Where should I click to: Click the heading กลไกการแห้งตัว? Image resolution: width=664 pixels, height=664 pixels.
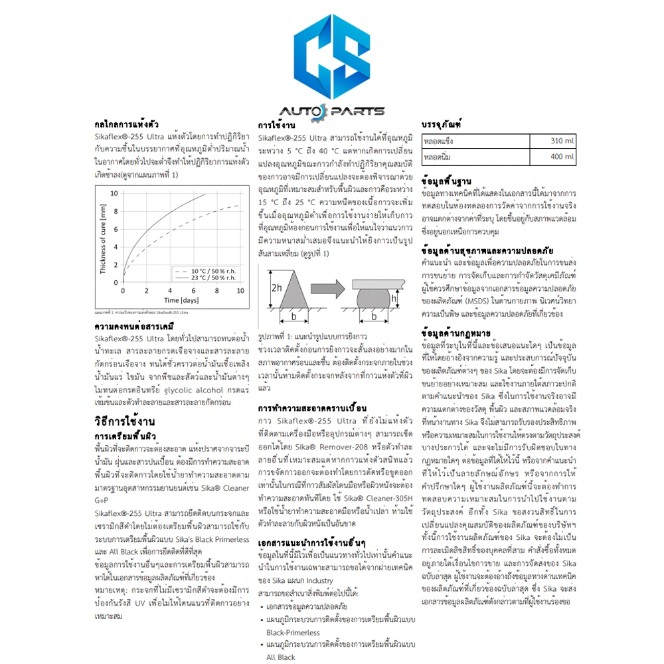[127, 124]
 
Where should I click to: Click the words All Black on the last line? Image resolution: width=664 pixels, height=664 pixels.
[280, 656]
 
